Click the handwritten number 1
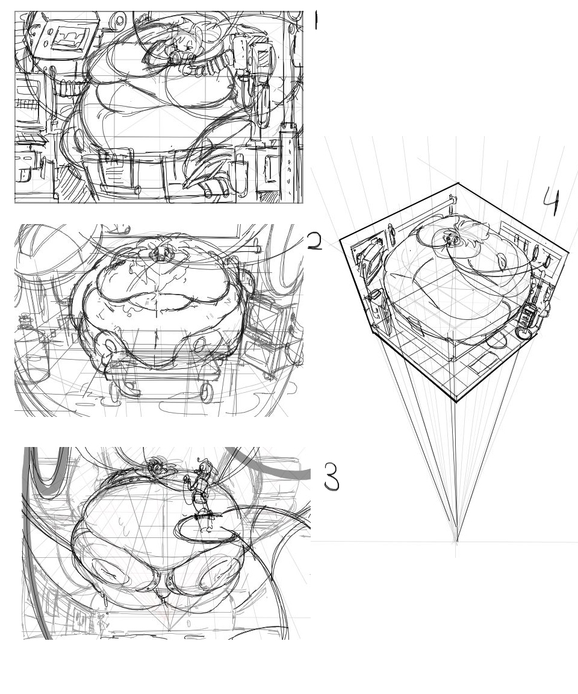click(x=315, y=21)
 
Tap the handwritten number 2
click(x=314, y=241)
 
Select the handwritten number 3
click(x=332, y=477)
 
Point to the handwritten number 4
click(x=552, y=201)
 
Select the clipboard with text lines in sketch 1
click(x=111, y=170)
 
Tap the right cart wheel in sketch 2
click(x=206, y=392)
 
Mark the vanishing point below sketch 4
click(x=456, y=540)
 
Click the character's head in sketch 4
click(x=450, y=239)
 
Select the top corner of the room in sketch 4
click(x=457, y=183)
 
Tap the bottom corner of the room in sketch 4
click(x=456, y=401)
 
